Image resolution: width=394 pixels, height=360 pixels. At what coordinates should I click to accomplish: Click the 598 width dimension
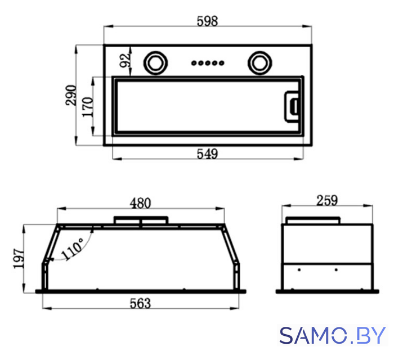click(x=207, y=21)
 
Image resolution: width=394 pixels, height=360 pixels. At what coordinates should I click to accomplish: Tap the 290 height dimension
click(x=70, y=96)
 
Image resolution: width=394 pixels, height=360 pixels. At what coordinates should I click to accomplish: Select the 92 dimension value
click(x=126, y=61)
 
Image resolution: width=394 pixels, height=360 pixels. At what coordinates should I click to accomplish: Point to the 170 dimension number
click(x=88, y=107)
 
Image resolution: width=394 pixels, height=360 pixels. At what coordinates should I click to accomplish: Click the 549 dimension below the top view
click(x=207, y=154)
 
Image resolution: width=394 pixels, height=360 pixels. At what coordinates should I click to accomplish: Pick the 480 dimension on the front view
click(x=141, y=203)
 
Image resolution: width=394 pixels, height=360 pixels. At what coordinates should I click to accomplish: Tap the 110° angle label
click(x=72, y=249)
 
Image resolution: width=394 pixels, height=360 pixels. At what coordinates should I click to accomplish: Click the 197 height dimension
click(x=19, y=259)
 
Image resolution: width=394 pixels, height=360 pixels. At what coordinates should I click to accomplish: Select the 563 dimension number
click(x=141, y=304)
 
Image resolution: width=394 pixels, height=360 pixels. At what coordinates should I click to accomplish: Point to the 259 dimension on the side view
click(x=327, y=201)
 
